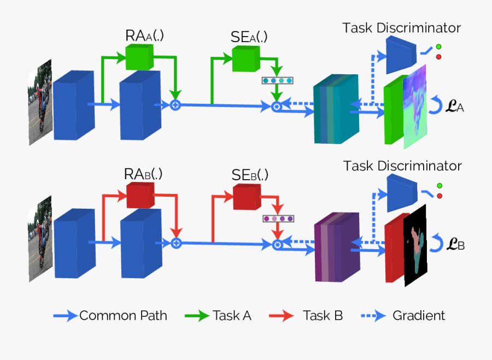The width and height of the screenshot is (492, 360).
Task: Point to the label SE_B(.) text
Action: pos(249,175)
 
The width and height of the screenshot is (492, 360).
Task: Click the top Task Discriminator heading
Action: pos(401,27)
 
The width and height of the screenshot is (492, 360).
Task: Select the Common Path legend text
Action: pos(123,315)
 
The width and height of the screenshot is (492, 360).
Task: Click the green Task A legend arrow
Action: pos(197,315)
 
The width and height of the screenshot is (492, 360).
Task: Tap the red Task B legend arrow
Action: pos(283,315)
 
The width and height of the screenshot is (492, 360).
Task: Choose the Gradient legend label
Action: pos(419,315)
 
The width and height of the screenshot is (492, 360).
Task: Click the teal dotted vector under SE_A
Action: pos(278,81)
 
